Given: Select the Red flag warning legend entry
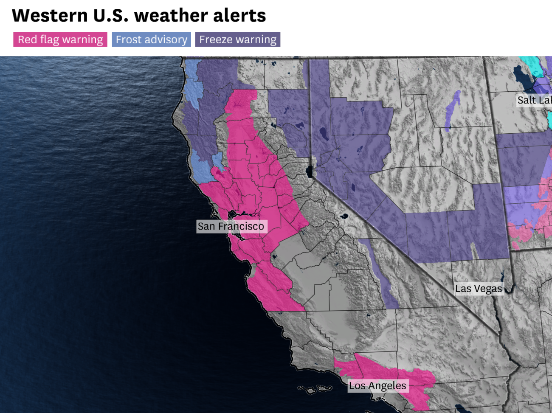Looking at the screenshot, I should (60, 39).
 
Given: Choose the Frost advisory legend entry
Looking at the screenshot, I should (151, 39).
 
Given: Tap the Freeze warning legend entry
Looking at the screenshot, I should (238, 39).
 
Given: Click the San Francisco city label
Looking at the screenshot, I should (231, 226).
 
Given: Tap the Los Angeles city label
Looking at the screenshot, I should (377, 386).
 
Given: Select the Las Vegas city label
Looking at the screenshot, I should (479, 289).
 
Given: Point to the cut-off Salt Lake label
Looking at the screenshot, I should (534, 100).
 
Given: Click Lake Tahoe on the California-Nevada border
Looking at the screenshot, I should (310, 172).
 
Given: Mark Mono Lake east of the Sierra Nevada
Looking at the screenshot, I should (343, 216).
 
